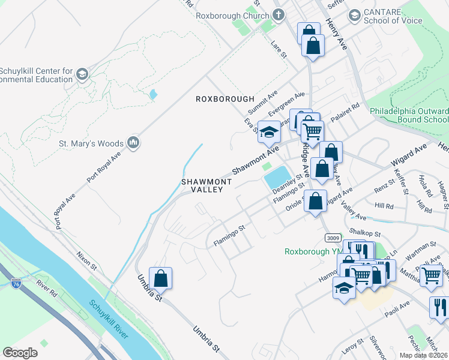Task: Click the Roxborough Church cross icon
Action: (278, 14)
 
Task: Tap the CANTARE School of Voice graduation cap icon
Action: (355, 14)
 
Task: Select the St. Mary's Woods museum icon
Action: (133, 143)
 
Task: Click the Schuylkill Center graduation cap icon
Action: (82, 74)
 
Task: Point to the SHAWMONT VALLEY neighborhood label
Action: (202, 185)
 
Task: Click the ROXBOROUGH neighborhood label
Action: (225, 99)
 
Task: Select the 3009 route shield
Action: (333, 238)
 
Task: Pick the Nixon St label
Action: (86, 260)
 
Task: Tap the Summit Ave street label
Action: (264, 103)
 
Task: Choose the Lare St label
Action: (279, 50)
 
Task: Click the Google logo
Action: (20, 353)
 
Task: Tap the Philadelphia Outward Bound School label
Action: (409, 115)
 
